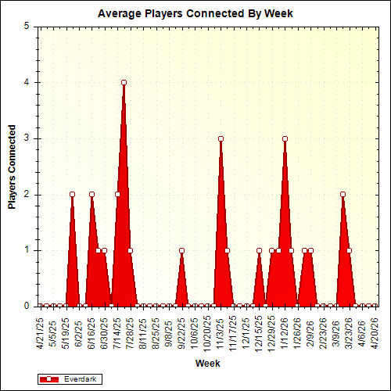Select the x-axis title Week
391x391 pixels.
tap(207, 364)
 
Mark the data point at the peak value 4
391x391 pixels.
tap(124, 82)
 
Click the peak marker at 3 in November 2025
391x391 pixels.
tap(221, 138)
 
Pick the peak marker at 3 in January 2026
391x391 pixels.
tap(285, 138)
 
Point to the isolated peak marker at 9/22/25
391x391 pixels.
tap(181, 251)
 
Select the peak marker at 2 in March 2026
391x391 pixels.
tap(343, 194)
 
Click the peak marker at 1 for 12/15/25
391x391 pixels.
tap(259, 251)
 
